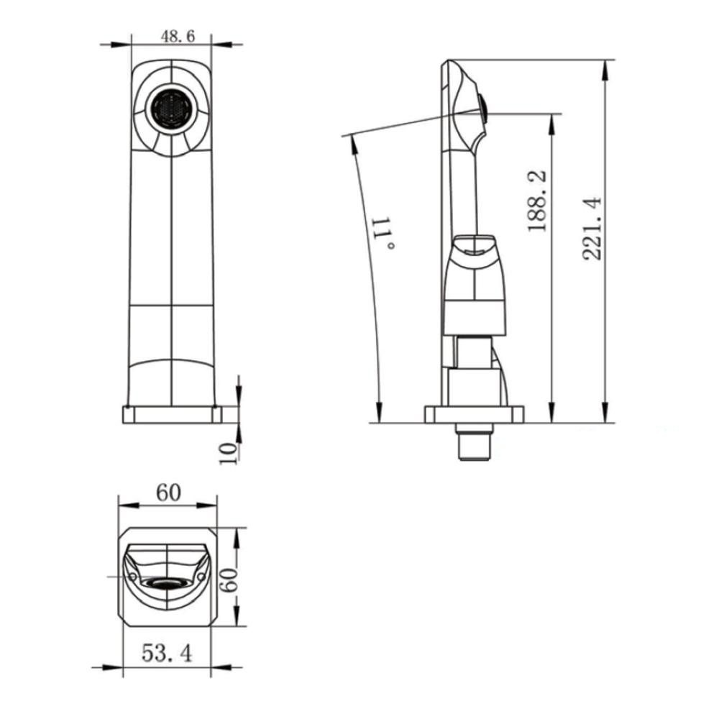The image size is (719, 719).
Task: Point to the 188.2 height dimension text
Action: click(x=539, y=201)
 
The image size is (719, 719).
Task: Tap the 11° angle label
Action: click(x=383, y=232)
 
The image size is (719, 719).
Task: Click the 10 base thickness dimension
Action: click(x=228, y=452)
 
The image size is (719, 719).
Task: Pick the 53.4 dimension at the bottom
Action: click(x=166, y=653)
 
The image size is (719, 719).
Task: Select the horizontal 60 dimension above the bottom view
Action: click(x=167, y=493)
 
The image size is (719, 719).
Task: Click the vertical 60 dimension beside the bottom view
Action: click(x=229, y=580)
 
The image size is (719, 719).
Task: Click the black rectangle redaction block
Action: click(x=609, y=466)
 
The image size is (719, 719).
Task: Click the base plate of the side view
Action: click(x=474, y=415)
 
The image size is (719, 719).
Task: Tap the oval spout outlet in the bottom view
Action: click(x=166, y=583)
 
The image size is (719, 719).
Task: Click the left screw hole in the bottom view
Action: click(x=132, y=577)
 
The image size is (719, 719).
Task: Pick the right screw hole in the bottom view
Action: click(x=201, y=577)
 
